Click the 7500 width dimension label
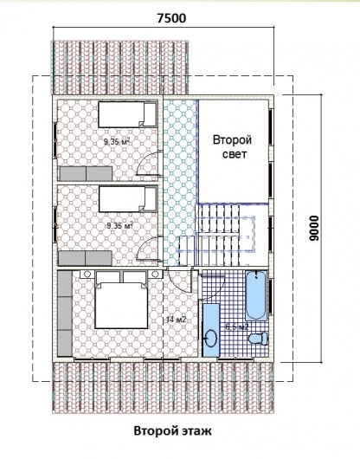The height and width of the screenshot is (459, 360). (171, 18)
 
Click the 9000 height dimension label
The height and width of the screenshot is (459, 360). (314, 229)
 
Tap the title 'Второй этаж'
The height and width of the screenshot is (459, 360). (172, 431)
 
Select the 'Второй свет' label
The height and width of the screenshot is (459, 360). (232, 146)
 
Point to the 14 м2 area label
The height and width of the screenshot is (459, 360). (176, 320)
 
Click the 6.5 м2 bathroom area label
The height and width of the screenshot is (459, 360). (237, 326)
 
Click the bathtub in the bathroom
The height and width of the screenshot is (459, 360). (256, 296)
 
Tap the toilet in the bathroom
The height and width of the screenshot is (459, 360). (258, 339)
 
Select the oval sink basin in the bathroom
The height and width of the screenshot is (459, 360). (211, 339)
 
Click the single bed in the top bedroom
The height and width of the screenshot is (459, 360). (127, 114)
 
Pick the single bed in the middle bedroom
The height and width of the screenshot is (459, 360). (128, 200)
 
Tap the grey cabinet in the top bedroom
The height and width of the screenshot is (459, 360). (86, 174)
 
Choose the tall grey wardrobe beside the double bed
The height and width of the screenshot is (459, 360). (65, 314)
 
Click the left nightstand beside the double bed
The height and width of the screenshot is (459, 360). (87, 275)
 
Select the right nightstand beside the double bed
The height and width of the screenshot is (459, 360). (155, 275)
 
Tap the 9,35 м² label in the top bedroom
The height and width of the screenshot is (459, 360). (116, 142)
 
